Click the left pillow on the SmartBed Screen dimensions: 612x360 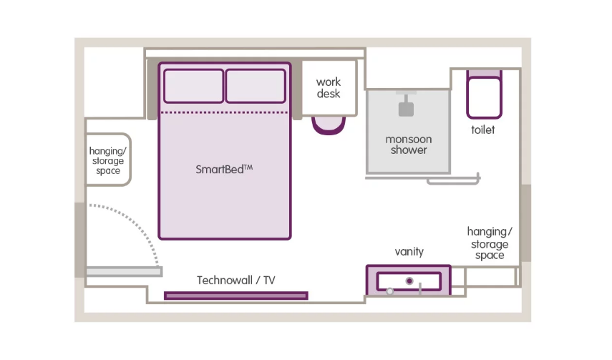click(x=193, y=86)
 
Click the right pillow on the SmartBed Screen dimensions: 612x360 click(x=256, y=86)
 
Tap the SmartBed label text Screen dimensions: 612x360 click(x=224, y=169)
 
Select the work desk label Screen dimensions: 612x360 click(x=329, y=88)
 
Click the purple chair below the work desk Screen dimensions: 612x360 click(x=329, y=126)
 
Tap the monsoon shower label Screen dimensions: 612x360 click(x=409, y=145)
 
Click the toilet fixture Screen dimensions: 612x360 click(x=484, y=94)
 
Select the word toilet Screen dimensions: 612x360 click(x=483, y=130)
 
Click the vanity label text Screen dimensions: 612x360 click(x=409, y=251)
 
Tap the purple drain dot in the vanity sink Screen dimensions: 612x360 click(x=409, y=281)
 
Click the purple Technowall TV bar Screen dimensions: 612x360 click(x=236, y=296)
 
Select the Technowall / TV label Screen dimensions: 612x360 click(x=235, y=280)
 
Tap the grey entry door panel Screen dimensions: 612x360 click(x=124, y=271)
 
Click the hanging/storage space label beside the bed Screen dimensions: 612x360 click(x=107, y=160)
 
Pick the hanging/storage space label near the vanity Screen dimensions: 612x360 click(x=490, y=243)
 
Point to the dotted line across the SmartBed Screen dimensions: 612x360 click(x=225, y=112)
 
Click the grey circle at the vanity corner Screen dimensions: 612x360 click(x=389, y=291)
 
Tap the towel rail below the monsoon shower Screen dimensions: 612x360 click(x=453, y=181)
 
